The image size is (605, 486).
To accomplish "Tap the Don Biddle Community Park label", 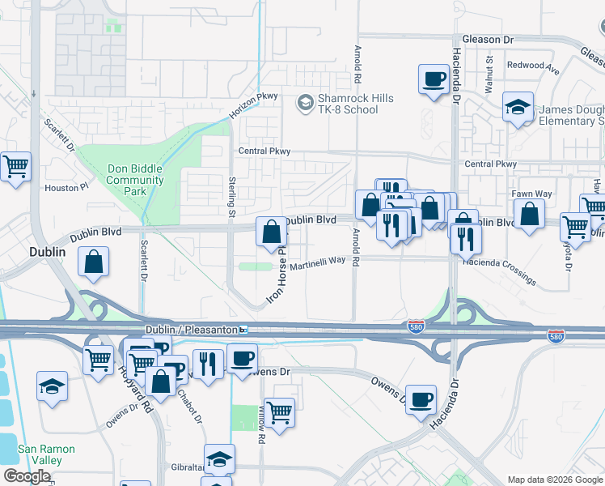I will click(135, 180).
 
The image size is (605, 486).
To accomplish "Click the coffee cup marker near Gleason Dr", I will click(433, 80).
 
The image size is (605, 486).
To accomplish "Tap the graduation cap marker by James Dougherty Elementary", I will click(517, 106).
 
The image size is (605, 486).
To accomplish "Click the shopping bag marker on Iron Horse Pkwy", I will click(272, 232).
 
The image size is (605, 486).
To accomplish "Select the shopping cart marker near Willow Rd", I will click(279, 413).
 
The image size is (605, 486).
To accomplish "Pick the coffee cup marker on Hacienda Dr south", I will click(420, 399).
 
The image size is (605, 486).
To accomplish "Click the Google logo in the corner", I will click(27, 476).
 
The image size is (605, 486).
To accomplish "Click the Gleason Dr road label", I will click(487, 39).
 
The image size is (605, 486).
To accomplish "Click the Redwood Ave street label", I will click(533, 66).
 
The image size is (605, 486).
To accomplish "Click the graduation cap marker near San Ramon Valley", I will click(52, 386).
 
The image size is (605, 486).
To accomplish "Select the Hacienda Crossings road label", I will click(498, 271).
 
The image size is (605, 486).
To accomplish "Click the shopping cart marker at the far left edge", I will click(15, 167).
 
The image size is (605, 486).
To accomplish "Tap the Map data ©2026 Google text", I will click(554, 480).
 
